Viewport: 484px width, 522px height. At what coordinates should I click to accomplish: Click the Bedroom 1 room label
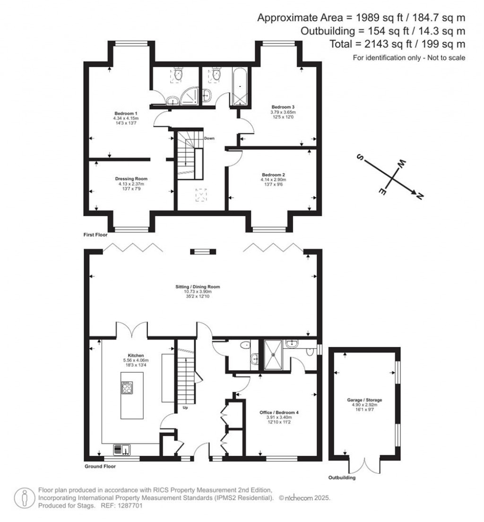point(126,113)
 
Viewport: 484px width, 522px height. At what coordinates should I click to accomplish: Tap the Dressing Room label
point(131,179)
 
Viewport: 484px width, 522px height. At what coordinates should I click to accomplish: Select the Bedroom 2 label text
point(273,175)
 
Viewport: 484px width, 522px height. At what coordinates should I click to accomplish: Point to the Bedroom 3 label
point(283,107)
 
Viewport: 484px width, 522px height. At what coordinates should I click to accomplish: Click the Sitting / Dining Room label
point(198,287)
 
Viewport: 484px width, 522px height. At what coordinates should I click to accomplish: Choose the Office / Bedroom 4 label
point(279,412)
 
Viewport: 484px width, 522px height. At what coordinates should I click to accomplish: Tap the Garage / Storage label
point(364,400)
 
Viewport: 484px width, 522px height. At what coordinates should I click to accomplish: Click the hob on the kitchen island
point(127,388)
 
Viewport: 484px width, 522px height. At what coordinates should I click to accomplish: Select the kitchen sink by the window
point(122,450)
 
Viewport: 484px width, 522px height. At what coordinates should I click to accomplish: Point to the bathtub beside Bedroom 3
point(240,87)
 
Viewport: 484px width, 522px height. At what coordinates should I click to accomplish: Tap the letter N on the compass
point(420,196)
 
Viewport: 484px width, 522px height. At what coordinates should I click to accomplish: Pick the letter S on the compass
point(360,157)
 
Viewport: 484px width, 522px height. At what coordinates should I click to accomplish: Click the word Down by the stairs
point(209,138)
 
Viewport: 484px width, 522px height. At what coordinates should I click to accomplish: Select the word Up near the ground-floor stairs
point(185,408)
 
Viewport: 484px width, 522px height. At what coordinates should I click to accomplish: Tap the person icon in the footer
point(24,498)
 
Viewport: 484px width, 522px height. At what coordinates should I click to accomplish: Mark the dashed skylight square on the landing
point(201,195)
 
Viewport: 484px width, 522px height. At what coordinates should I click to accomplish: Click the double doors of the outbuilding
point(364,466)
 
